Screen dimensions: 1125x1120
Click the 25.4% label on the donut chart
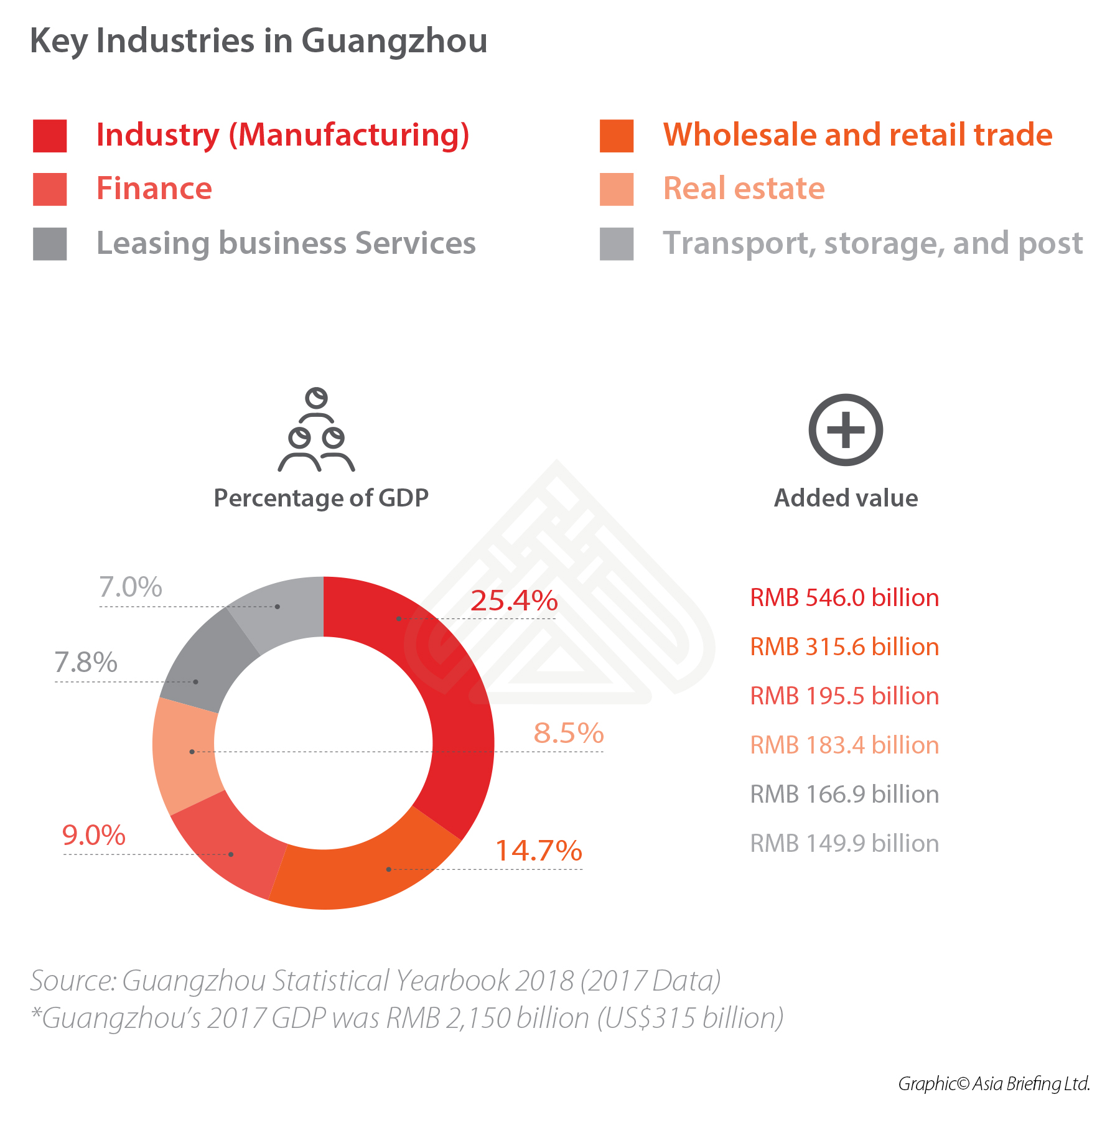point(514,600)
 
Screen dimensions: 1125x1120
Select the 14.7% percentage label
point(538,851)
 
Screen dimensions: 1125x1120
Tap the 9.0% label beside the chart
point(94,835)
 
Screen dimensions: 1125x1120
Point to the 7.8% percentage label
point(86,662)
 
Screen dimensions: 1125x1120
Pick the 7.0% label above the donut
point(131,587)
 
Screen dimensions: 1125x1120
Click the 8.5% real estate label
point(569,733)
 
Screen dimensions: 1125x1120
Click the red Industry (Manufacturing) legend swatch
point(50,136)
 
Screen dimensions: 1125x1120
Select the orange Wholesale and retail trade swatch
point(617,136)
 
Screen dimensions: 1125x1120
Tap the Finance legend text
point(154,189)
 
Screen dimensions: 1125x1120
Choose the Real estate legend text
point(744,189)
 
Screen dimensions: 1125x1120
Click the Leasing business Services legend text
point(286,243)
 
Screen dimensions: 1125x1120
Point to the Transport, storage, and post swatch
point(617,243)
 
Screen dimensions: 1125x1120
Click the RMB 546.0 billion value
point(844,598)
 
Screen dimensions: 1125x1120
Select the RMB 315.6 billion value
point(844,647)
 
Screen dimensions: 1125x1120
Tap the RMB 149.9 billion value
point(844,844)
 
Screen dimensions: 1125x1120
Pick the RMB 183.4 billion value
point(844,745)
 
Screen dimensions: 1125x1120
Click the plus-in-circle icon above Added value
point(846,430)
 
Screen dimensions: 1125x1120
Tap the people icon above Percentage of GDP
point(317,430)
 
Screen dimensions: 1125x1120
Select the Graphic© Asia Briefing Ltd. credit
point(994,1084)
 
